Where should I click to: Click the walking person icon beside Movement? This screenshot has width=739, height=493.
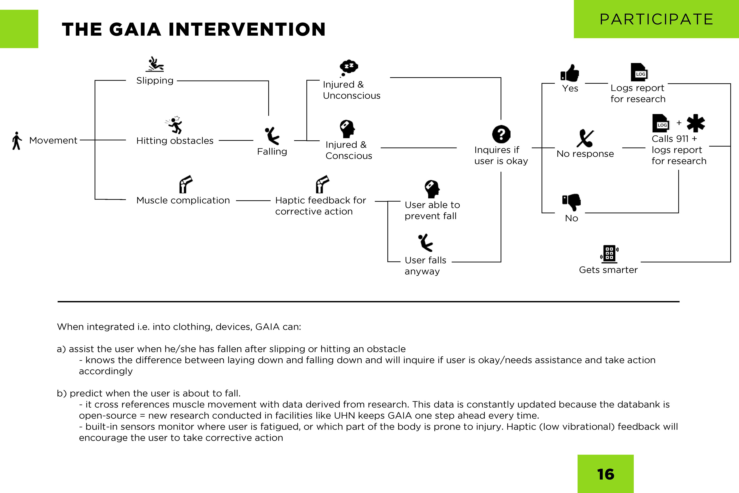(17, 141)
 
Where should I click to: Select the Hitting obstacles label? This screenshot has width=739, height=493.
(175, 141)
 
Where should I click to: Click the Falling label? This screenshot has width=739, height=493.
(272, 152)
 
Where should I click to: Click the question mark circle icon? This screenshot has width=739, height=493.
(501, 134)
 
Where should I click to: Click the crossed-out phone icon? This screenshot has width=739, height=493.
(585, 138)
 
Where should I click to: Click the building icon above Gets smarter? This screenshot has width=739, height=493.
(609, 254)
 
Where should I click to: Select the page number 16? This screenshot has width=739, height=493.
(605, 474)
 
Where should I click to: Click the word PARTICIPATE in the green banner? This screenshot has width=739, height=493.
(656, 19)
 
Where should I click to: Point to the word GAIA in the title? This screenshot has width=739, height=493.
(135, 29)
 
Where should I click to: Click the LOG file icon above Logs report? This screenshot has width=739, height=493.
(639, 72)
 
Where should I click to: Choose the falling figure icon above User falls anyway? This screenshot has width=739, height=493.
(426, 242)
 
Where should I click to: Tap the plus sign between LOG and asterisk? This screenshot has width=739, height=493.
(679, 123)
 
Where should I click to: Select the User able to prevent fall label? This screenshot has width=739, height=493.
(432, 210)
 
